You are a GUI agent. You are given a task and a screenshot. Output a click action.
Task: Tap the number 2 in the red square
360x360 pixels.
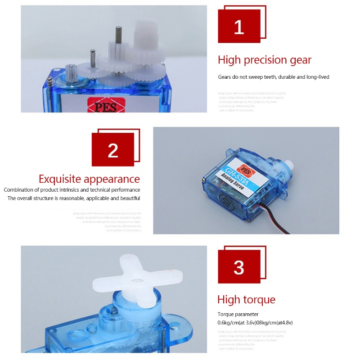(113, 151)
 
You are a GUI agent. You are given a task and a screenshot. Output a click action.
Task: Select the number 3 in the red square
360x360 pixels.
(239, 267)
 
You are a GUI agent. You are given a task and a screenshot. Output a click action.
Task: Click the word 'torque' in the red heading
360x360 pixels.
(259, 300)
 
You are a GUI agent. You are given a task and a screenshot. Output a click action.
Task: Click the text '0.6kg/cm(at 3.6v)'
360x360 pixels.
(236, 323)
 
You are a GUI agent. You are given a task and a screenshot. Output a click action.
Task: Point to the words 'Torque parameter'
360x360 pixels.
(238, 314)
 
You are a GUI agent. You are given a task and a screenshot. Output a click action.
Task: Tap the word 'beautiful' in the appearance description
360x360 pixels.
(127, 198)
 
